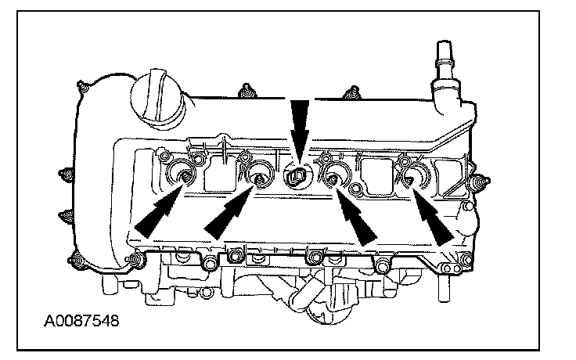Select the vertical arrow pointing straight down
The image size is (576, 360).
(299, 129)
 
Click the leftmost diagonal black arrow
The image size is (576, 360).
(160, 209)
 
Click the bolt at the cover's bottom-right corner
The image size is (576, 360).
(467, 261)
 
